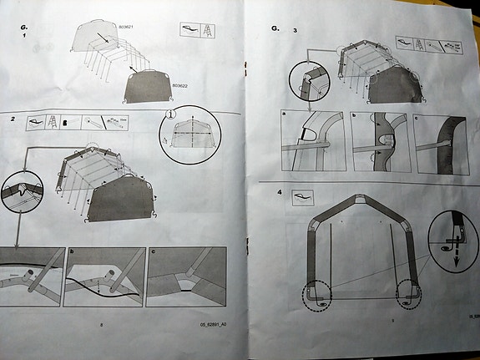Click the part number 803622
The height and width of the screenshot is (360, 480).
(x=180, y=86)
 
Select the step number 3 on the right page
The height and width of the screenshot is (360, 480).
(x=295, y=29)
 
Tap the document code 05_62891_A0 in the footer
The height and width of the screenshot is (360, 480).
(x=215, y=324)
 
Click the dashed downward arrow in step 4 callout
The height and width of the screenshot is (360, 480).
(x=457, y=256)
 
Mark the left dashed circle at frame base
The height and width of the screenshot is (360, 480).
(x=314, y=294)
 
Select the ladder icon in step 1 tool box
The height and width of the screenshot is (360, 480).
(x=205, y=29)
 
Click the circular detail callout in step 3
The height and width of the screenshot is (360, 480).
(x=306, y=84)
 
